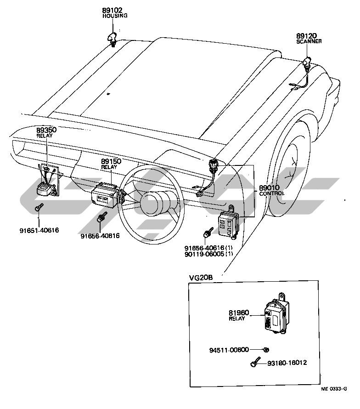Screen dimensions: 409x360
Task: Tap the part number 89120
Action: point(306,35)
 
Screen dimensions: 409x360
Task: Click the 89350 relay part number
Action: point(46,130)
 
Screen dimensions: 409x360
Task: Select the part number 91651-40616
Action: point(39,230)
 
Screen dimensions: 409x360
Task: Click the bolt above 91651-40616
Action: point(38,208)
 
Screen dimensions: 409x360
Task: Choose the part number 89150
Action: point(111,162)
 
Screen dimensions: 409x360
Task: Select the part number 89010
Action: point(271,187)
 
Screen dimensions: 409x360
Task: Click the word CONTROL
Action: point(272,193)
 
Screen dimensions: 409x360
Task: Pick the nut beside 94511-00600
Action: point(266,350)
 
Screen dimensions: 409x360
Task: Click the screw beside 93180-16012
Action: point(254,364)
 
